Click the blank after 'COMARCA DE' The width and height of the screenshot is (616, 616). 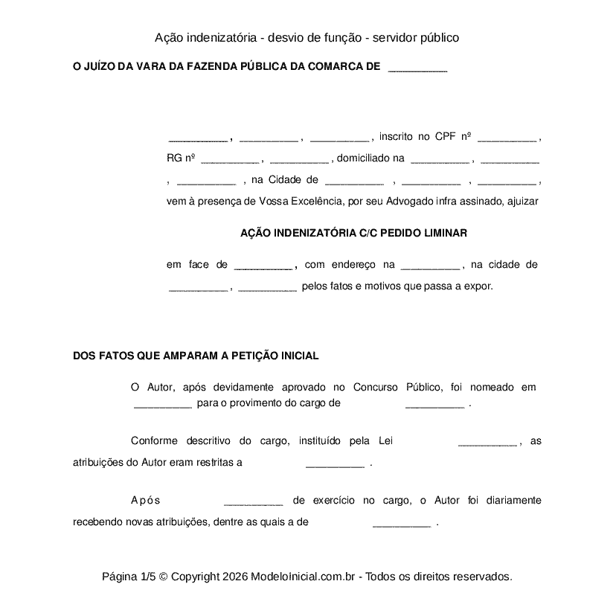[x=417, y=68]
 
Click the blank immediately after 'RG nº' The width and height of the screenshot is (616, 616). [x=229, y=158]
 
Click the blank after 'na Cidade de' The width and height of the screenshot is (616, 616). [x=354, y=180]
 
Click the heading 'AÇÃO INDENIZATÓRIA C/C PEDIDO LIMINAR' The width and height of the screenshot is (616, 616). [x=353, y=233]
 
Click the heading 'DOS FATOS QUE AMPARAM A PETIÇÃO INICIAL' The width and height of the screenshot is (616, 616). [x=196, y=356]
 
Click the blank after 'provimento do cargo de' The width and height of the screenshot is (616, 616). [x=434, y=405]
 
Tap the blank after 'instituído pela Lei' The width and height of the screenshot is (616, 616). [x=487, y=442]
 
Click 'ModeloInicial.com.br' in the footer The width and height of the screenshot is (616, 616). [x=305, y=577]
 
